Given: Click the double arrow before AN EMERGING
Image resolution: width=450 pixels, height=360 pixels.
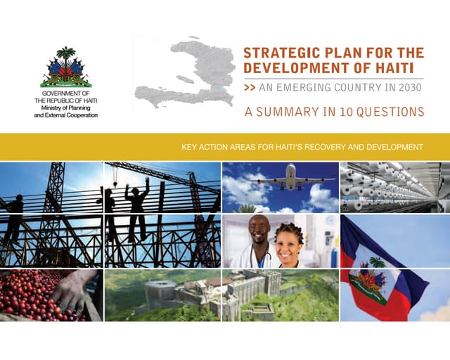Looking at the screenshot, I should pyautogui.click(x=250, y=89).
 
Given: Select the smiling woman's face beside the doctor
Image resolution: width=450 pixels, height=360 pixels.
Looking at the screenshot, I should pyautogui.click(x=288, y=243).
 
